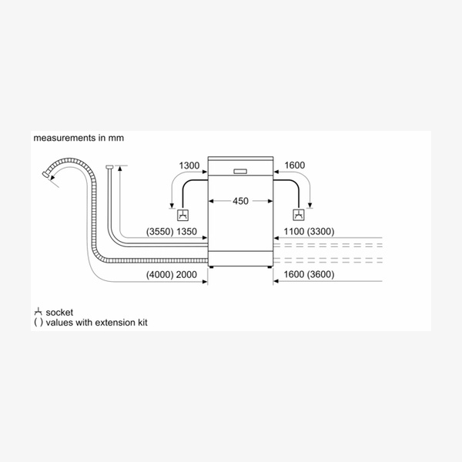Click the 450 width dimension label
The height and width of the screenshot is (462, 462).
[240, 201]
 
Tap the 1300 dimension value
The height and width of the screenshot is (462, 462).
[189, 166]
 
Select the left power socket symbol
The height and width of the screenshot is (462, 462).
[182, 215]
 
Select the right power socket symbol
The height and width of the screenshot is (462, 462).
[299, 215]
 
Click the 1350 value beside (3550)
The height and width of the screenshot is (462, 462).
[186, 232]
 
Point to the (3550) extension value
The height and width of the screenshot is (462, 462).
[160, 232]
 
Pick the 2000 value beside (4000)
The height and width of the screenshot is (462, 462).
[186, 275]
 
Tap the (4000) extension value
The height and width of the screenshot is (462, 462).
[160, 275]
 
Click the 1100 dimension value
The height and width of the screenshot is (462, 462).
[294, 232]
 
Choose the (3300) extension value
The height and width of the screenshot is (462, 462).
[320, 232]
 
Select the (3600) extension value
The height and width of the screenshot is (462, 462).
[320, 275]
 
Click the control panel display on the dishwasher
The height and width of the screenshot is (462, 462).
[240, 171]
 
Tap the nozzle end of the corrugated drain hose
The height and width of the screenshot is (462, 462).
[45, 174]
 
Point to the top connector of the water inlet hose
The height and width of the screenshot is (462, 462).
[109, 167]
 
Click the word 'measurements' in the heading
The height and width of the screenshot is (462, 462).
[65, 138]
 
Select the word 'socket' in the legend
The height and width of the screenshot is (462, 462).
[59, 313]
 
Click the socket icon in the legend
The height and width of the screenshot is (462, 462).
[38, 312]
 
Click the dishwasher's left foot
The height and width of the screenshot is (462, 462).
[211, 267]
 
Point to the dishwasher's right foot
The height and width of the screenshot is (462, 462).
[269, 267]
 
